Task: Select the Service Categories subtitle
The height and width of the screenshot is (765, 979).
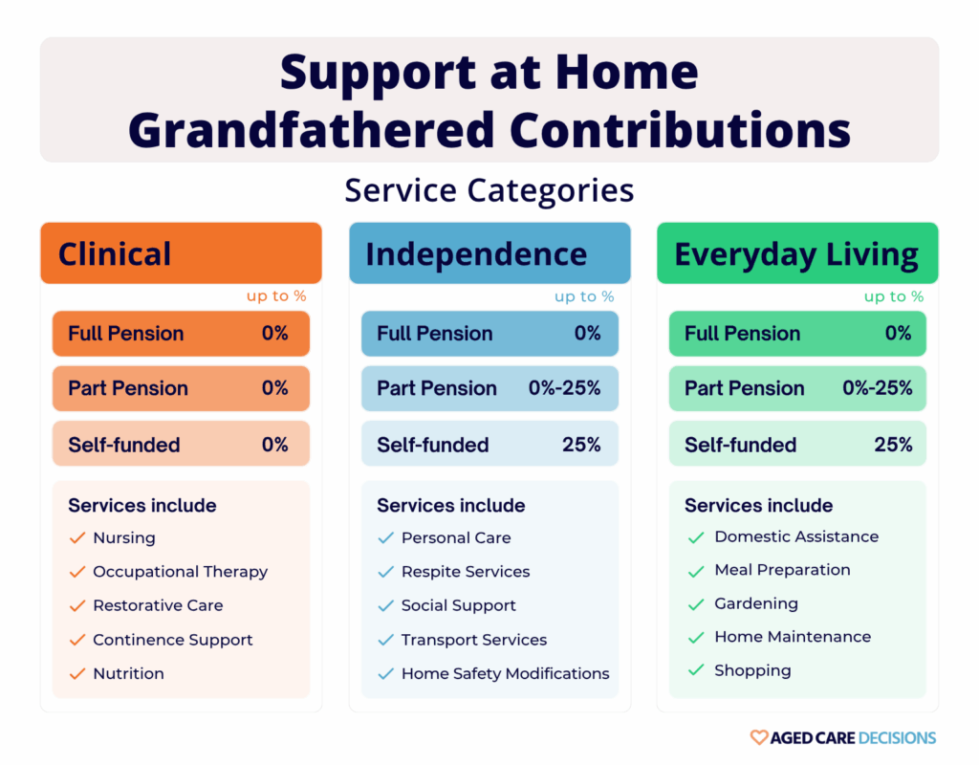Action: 489,190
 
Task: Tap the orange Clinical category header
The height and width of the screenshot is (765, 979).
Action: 181,253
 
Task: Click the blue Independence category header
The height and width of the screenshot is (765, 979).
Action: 489,253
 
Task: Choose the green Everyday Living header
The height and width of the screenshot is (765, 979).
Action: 796,254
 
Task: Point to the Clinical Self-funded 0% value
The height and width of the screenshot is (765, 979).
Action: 275,444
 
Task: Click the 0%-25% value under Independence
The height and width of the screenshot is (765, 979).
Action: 564,388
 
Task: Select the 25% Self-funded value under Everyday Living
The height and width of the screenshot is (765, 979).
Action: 893,444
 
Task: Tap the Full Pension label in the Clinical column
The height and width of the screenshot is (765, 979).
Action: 125,334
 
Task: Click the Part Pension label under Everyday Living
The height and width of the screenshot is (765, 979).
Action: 744,388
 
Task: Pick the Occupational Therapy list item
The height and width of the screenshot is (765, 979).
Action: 180,572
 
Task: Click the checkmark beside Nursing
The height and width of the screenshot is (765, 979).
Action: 77,538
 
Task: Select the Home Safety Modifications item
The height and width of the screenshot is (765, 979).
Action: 505,673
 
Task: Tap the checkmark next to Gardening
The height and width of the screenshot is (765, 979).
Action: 696,605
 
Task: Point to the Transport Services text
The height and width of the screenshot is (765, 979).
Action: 474,640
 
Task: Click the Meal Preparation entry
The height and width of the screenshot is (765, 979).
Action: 782,570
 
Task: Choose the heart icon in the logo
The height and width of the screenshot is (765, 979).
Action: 758,737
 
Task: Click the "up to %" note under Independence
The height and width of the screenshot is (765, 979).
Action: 584,296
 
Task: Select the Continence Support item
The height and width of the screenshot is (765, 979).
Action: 172,640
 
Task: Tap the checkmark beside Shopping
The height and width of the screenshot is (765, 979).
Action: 696,671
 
